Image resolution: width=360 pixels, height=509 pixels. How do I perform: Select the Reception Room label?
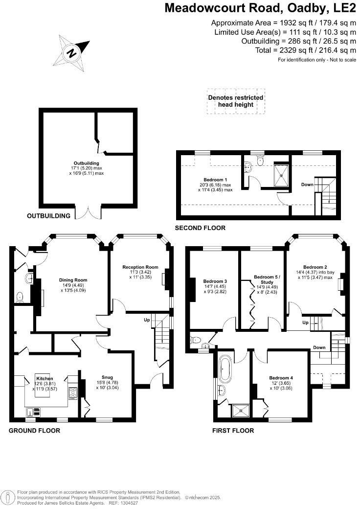(x=140, y=267)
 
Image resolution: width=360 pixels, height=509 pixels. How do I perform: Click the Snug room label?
(x=108, y=377)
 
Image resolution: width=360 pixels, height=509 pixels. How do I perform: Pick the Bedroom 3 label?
(x=215, y=281)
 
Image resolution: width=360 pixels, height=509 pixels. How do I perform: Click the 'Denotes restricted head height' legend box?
(x=236, y=101)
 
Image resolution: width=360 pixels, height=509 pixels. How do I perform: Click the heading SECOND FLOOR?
(x=200, y=228)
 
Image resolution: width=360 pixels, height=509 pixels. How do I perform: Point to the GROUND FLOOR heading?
(x=35, y=431)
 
